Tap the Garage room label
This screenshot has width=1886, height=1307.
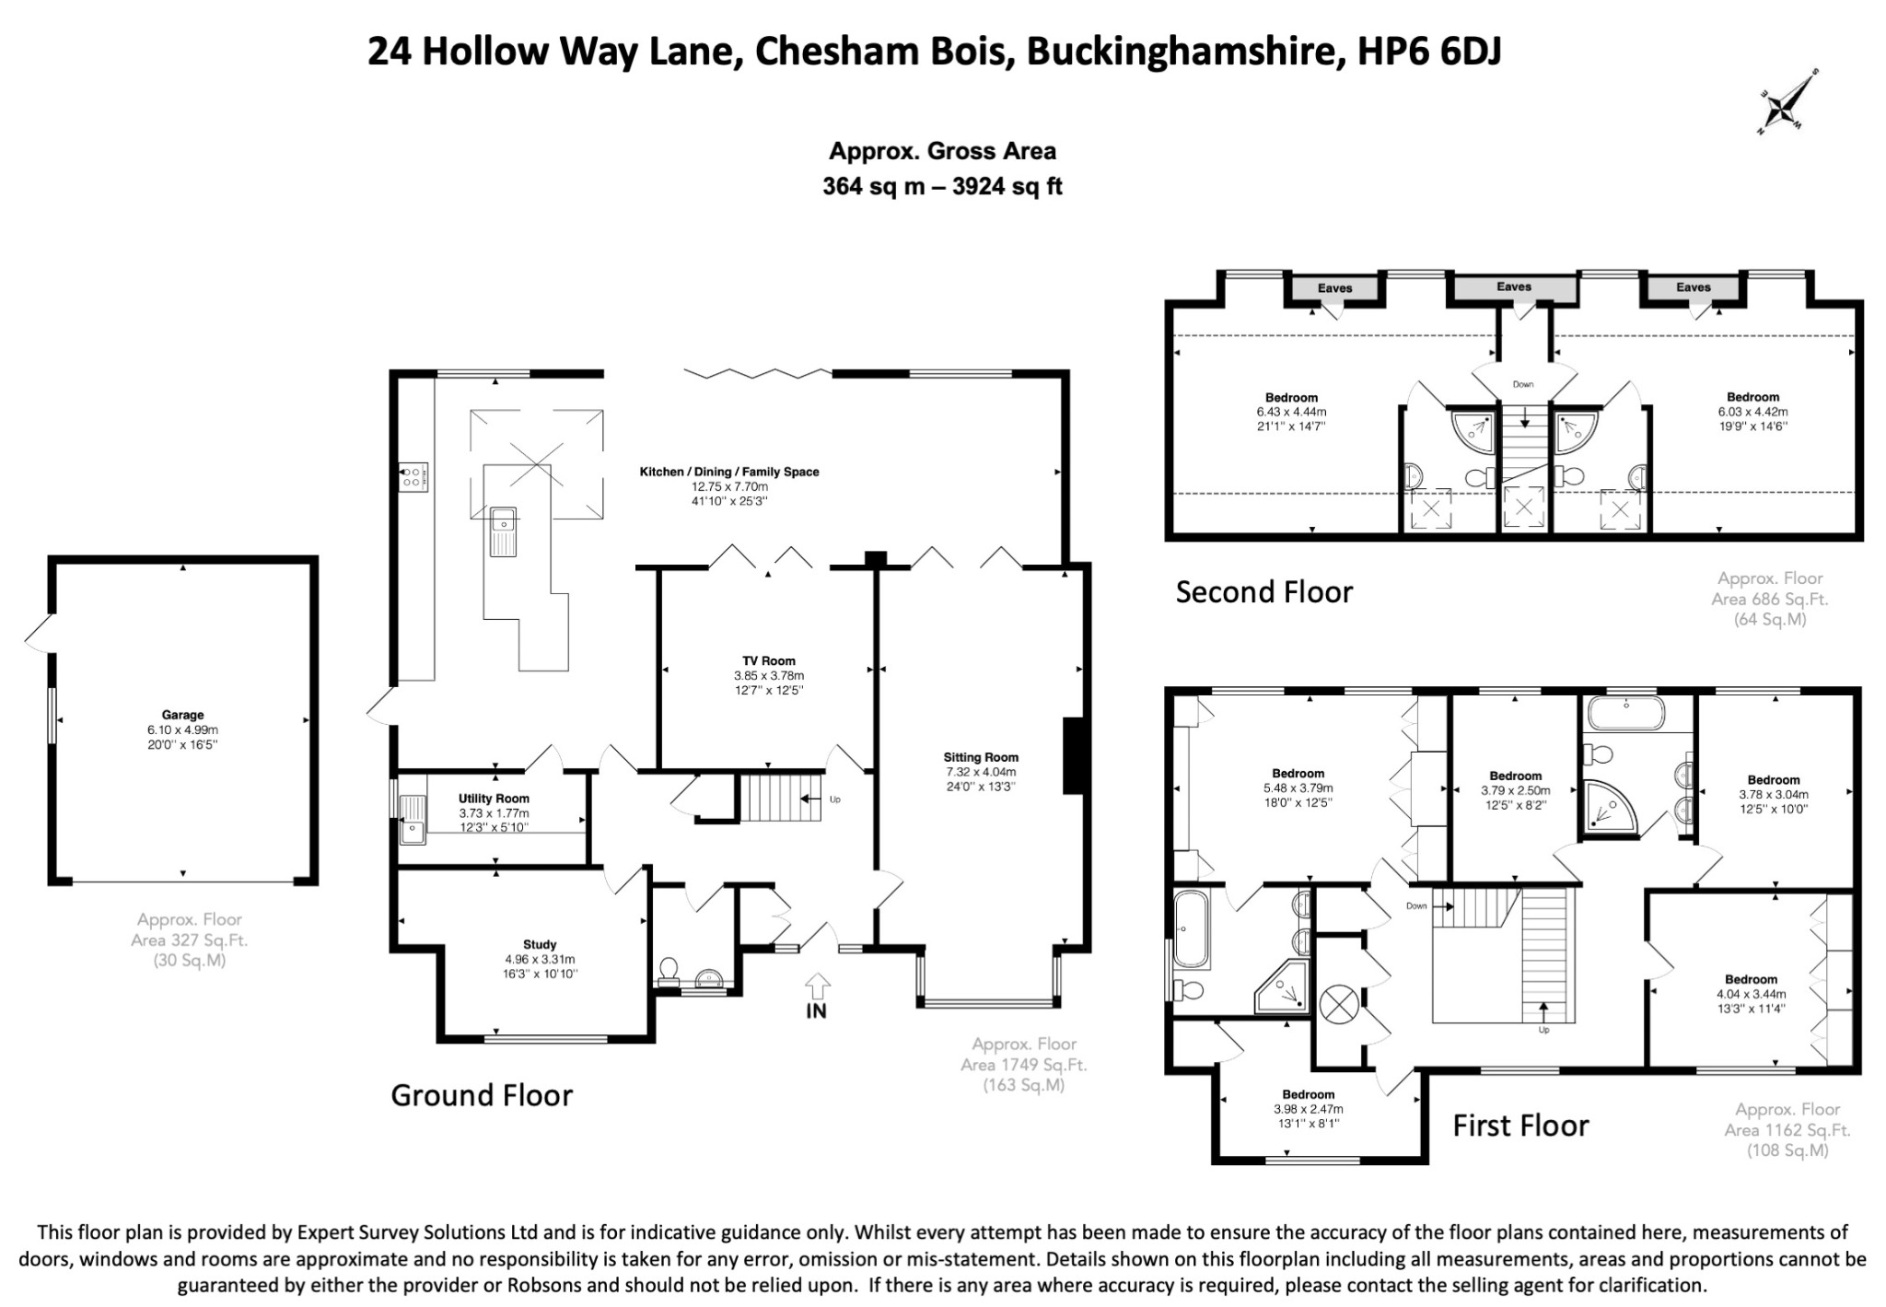coord(182,715)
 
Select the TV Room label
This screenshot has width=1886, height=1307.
coord(769,660)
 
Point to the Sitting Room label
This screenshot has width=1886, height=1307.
coord(981,757)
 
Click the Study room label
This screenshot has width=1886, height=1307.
coord(540,944)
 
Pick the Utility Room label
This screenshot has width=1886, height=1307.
coord(494,799)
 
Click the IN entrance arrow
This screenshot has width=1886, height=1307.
coord(817,986)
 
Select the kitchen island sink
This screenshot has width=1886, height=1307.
coord(504,531)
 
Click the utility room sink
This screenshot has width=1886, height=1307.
coord(413,819)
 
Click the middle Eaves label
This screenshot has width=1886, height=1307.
coord(1514,286)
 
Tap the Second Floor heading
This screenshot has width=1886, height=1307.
coord(1264,591)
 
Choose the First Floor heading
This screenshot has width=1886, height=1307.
coord(1520,1126)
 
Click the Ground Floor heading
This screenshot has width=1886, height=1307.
coord(482,1095)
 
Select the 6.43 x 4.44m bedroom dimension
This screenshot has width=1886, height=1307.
coord(1291,412)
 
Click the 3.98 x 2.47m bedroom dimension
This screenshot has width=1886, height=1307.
coord(1308,1109)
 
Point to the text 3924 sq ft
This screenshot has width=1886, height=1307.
coord(1007,187)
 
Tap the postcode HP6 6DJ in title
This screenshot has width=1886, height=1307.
coord(1429,52)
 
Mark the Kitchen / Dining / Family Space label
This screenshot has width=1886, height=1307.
coord(729,472)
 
